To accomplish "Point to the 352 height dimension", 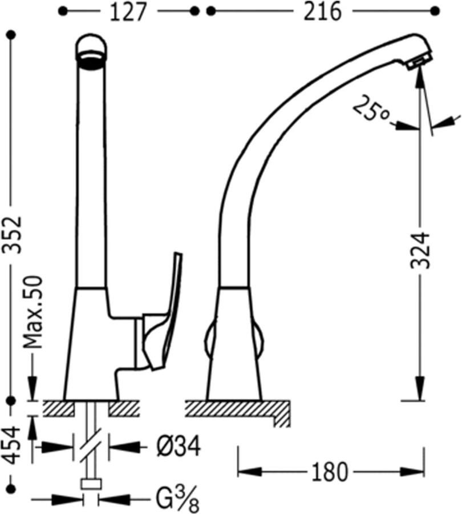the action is click(x=12, y=234).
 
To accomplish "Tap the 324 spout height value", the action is click(x=420, y=251).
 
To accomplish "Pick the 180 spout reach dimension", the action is click(x=329, y=472).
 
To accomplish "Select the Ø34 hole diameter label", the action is click(x=179, y=447).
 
